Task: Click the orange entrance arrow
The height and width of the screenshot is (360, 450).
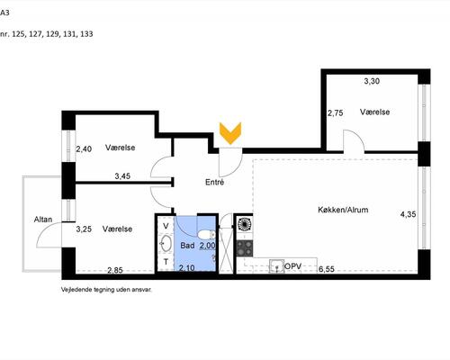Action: coord(230,133)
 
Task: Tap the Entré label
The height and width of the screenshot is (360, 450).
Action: coord(214,182)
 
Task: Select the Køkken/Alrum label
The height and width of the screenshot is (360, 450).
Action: coord(343,210)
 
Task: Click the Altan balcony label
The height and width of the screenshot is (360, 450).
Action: coord(43,220)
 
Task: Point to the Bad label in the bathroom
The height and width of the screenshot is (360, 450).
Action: coord(187,246)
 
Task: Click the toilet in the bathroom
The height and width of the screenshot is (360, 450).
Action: coord(206,234)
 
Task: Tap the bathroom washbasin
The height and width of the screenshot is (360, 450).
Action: coord(166,242)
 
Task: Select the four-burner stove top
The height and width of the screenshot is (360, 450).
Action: coord(245,248)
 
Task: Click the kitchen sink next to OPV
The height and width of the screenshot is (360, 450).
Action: coord(276,265)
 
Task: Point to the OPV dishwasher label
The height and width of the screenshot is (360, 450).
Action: coord(292,266)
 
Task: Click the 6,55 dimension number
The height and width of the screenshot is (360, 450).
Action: coord(327,269)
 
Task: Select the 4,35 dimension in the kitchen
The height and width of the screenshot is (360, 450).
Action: coord(408,214)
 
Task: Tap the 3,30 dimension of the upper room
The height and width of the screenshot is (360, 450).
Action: coord(372,81)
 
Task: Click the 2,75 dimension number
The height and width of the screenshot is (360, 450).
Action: coord(336,113)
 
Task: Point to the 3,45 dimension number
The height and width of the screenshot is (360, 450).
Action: coord(122,176)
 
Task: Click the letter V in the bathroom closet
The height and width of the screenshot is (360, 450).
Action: coord(166,226)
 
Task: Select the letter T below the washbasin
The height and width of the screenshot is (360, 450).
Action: coord(166,262)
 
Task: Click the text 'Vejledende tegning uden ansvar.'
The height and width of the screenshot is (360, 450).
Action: coord(106,290)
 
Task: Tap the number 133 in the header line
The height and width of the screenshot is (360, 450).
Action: coord(86,34)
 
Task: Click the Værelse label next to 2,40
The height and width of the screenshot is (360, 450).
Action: coord(120,148)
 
